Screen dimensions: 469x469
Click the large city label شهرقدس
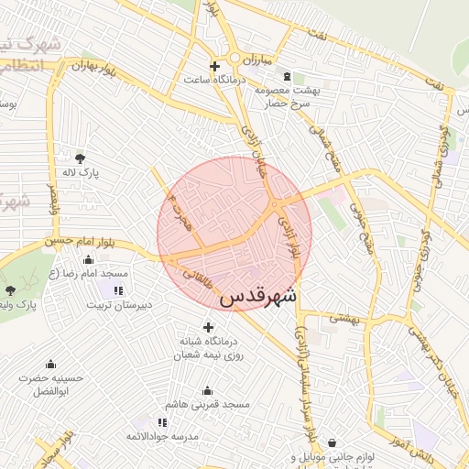pos(257,297)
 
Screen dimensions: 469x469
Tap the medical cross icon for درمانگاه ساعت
pos(215,66)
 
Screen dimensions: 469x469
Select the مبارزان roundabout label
pos(257,60)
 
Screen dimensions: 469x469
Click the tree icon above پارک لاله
pos(82,158)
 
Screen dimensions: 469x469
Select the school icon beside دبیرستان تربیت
pos(119,291)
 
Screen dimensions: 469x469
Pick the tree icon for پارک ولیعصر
pos(10,290)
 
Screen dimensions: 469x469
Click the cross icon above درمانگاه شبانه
pos(208,327)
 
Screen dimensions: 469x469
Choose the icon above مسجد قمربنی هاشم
pos(208,390)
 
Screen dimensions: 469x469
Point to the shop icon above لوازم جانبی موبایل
pos(331,442)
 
